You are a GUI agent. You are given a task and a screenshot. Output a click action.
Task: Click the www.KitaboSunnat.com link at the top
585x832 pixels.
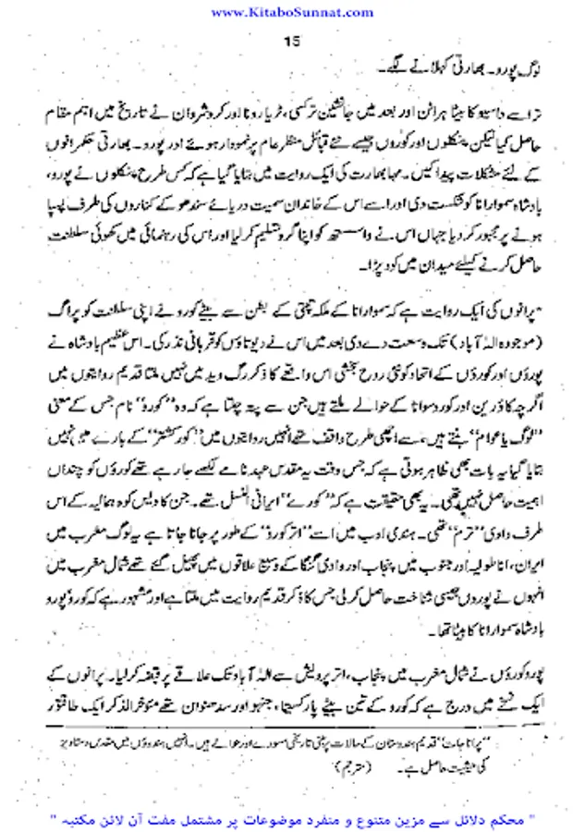[x=291, y=11]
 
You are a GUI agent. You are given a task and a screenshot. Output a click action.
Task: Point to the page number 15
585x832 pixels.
[x=291, y=41]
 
